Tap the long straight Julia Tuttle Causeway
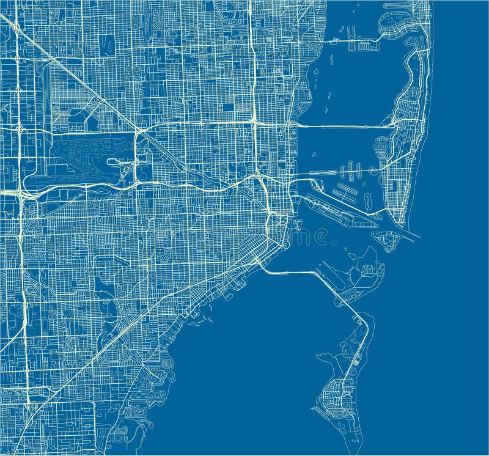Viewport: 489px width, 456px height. (x=342, y=127)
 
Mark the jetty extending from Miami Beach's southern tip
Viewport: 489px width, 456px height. (x=410, y=233)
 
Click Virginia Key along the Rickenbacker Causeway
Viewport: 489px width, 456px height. (x=361, y=275)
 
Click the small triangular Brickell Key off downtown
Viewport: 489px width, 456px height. (x=298, y=224)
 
